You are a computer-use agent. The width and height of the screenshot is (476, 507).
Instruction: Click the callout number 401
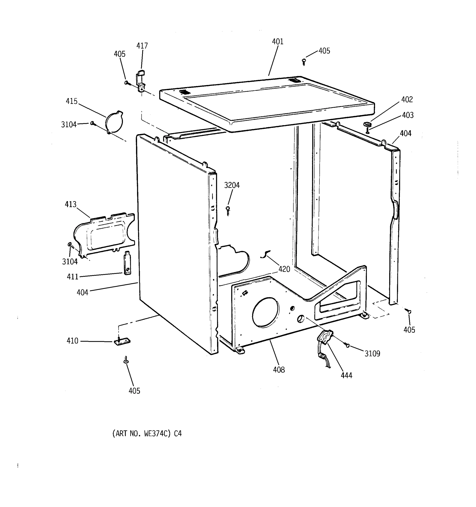(x=278, y=42)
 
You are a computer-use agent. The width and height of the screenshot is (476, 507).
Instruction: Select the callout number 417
(x=142, y=46)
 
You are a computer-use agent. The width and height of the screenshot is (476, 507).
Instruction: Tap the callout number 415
(x=72, y=101)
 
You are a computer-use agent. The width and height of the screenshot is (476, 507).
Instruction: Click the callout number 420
(x=284, y=269)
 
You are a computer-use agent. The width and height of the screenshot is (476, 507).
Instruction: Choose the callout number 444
(x=346, y=375)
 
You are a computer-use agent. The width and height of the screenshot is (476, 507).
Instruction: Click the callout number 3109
(x=372, y=353)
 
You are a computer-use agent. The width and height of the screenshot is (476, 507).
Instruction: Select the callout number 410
(x=72, y=341)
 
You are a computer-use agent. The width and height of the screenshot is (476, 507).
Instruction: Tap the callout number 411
(x=73, y=277)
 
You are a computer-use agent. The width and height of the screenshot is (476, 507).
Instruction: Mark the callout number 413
(x=70, y=204)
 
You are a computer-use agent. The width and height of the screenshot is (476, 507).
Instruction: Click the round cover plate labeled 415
(x=114, y=122)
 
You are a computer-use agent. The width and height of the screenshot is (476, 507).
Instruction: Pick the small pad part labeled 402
(x=367, y=124)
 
